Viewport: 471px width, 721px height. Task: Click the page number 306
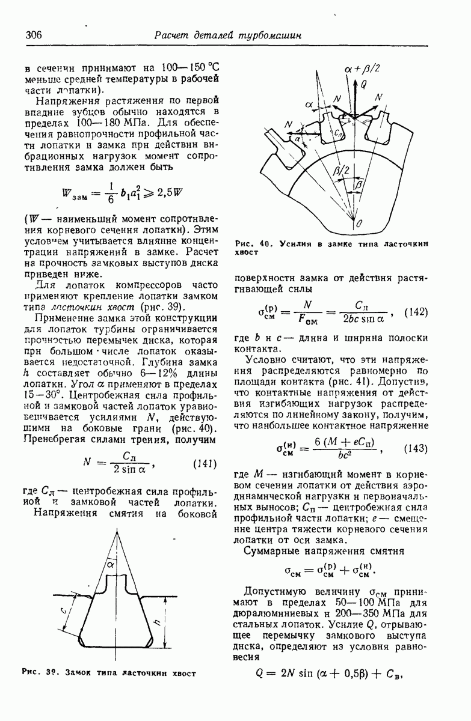click(34, 35)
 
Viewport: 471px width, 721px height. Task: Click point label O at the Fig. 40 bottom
click(359, 223)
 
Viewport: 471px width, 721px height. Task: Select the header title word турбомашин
click(269, 35)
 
